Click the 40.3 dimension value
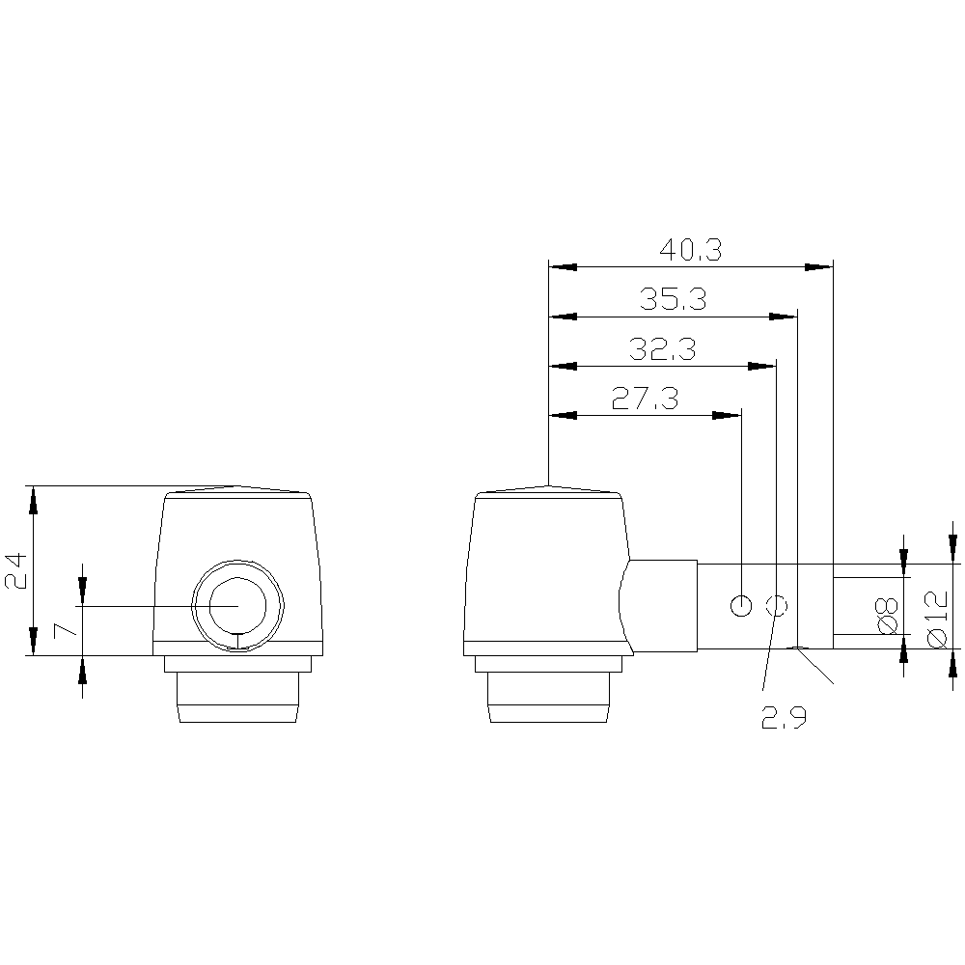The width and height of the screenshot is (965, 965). tap(690, 250)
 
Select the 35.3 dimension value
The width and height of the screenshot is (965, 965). tap(673, 299)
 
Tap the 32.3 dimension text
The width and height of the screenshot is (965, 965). tap(662, 349)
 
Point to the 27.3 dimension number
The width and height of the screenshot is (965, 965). tap(645, 399)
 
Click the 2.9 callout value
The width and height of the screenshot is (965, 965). tap(784, 717)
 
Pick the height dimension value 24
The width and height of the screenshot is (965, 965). tap(16, 570)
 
